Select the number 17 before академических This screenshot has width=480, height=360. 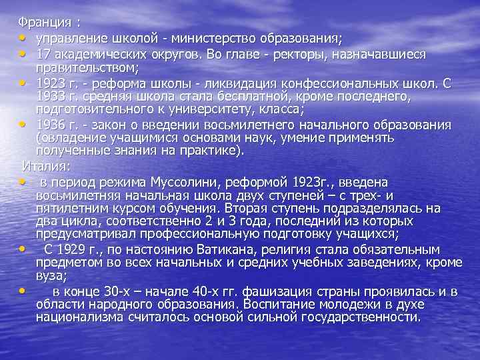tap(44, 53)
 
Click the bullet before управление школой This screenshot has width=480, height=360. tap(23, 36)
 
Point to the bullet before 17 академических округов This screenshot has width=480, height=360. tap(23, 53)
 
